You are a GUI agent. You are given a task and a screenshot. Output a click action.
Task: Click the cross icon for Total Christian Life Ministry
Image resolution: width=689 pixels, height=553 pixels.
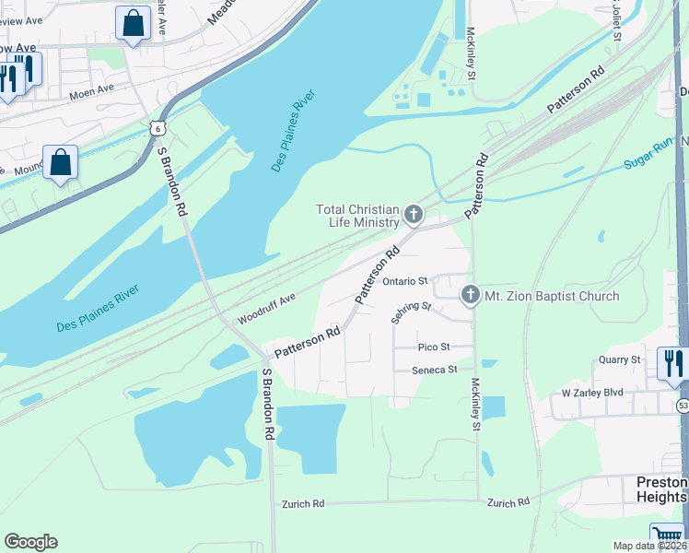(414, 216)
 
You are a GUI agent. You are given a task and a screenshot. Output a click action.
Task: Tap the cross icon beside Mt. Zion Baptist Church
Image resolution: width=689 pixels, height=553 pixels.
(470, 296)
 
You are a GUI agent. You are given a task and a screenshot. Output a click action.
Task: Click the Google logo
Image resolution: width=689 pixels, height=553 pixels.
(30, 542)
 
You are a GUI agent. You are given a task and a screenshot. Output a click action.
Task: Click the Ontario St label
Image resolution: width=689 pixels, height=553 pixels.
(406, 281)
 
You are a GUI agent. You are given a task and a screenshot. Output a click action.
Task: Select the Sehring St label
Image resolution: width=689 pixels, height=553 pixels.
(411, 312)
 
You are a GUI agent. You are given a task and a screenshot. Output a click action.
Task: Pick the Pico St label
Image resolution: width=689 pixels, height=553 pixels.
(433, 347)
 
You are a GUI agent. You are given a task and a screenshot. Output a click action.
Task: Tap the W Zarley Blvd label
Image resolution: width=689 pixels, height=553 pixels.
(592, 393)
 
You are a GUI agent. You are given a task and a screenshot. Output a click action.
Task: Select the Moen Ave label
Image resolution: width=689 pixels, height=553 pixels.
(91, 89)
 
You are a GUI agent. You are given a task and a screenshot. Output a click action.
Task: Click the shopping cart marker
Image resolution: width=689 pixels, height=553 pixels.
(666, 536)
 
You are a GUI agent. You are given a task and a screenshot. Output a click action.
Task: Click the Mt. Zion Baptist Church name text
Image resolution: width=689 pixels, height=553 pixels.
(552, 296)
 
